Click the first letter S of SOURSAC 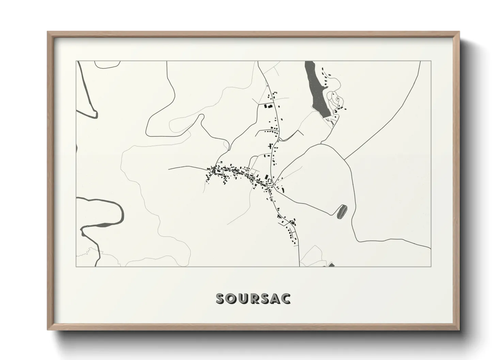[x=221, y=298]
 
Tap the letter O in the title [x=232, y=298]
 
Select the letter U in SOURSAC [x=242, y=298]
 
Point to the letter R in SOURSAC [x=253, y=298]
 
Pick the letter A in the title [x=275, y=298]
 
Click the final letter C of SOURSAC [x=285, y=298]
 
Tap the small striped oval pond [x=342, y=212]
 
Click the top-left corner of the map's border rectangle [x=76, y=61]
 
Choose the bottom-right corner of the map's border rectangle [x=431, y=266]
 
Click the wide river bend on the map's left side [x=117, y=214]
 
